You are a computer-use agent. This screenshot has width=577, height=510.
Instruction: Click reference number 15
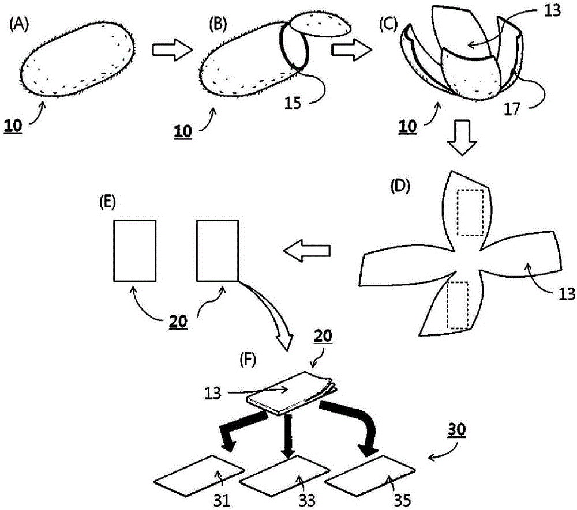pos(293,104)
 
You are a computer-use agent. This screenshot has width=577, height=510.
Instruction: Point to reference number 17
pos(512,109)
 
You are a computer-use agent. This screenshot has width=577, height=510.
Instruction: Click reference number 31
pos(222,501)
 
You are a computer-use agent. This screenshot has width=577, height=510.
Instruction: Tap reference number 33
pos(306,501)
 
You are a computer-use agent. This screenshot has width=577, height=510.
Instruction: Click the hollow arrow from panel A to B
pos(173,50)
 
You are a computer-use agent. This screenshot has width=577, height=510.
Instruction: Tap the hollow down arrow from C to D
pos(462,138)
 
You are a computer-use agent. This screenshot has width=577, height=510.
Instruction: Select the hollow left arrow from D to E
pos(307,251)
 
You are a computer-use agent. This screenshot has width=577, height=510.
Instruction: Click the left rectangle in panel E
pos(134,251)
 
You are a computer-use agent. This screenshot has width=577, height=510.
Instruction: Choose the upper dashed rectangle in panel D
pos(470,213)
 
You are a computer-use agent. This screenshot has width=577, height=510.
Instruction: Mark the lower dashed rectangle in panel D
pos(458,305)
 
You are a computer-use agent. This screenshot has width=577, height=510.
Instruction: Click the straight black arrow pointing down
pos(288,436)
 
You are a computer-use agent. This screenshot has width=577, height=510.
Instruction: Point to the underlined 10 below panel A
pos(13,126)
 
